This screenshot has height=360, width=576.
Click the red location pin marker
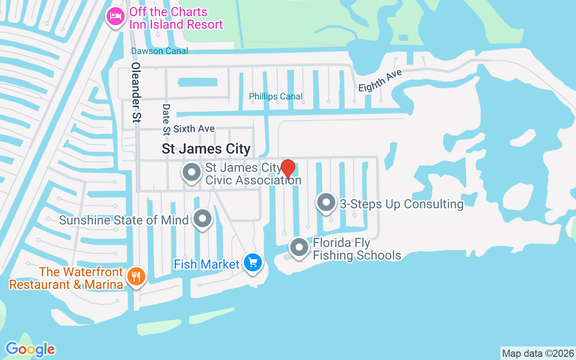coord(288,169)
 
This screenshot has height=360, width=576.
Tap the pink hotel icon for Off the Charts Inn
coord(116,17)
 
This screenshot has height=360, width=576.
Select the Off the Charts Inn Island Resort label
coord(176,18)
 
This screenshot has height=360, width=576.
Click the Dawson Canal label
coord(159,51)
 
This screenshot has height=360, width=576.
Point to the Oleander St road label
coord(136,92)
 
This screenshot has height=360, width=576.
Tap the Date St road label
coord(166,120)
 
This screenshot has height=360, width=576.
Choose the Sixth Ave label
coord(194,129)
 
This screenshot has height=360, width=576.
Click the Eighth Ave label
coord(380,80)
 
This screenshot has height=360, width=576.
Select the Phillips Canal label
coord(276,96)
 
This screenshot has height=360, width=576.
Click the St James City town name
coord(206,148)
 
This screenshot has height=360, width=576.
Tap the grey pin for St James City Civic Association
coord(192,172)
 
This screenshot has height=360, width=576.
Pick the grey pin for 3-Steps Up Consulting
coord(326,203)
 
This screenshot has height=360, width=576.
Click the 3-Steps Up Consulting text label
coord(401,204)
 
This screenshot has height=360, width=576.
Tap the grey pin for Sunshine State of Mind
coord(202,219)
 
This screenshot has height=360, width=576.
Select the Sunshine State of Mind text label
coord(124,220)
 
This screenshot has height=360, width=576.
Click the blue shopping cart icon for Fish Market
coord(252,262)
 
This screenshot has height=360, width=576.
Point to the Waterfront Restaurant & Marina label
coord(66,278)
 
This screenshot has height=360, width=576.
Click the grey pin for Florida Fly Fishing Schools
coord(299,247)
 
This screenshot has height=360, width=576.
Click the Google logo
coord(30,349)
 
